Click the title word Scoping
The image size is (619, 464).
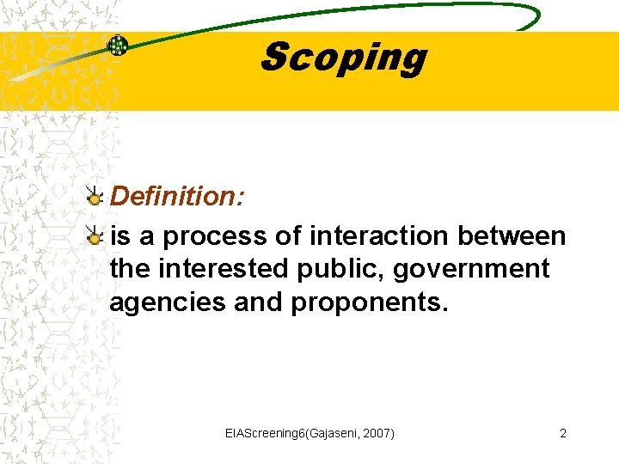[x=342, y=58]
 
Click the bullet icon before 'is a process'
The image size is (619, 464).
[x=94, y=235]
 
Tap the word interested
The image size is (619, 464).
[x=224, y=269]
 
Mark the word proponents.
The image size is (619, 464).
[x=370, y=303]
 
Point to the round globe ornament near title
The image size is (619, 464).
[x=117, y=46]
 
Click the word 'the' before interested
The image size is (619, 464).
[x=130, y=269]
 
